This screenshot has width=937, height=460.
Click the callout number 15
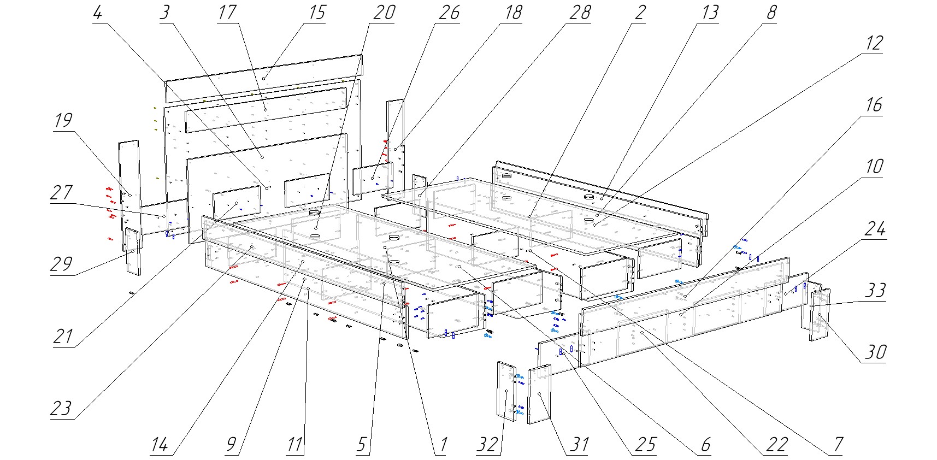coord(317,13)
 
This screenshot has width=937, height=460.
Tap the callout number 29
coord(62,264)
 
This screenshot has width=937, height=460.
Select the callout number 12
coord(874,43)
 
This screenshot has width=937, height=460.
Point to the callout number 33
coord(875,290)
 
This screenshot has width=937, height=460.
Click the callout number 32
coord(487,445)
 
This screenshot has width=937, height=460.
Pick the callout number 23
coord(61,409)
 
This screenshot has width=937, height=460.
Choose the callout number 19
coord(63,120)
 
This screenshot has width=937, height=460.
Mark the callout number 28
coord(580,13)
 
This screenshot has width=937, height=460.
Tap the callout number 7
coord(838,445)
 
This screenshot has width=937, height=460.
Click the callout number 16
coord(874,105)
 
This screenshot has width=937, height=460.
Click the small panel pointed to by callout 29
coord(133,251)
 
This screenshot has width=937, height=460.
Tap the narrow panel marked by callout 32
coord(506,391)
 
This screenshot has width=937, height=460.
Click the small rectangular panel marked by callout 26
coord(373,179)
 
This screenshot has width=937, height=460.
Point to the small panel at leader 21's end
coord(237,203)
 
